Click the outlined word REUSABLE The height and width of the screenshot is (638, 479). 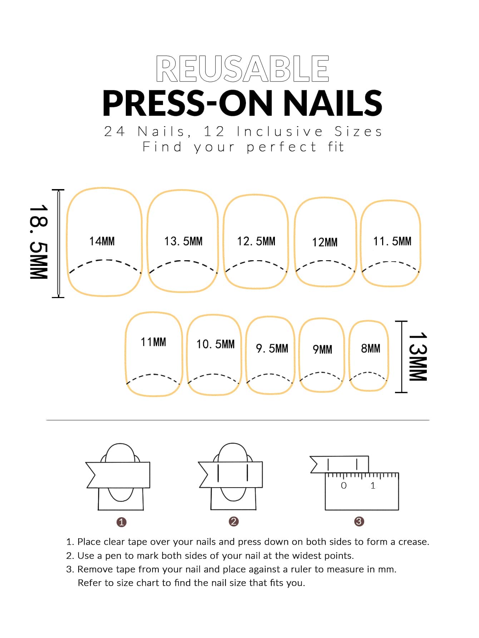pos(242,69)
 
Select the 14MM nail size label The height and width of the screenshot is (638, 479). pos(102,241)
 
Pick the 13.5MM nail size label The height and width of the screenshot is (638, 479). pos(183,241)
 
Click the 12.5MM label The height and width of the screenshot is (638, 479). pos(256,241)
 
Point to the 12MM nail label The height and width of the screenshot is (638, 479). pos(325,242)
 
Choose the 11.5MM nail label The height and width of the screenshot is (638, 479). pos(392,241)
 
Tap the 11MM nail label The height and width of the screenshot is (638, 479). pos(153,342)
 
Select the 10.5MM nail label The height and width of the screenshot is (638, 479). pos(216,344)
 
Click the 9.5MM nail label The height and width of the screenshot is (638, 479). pos(272,348)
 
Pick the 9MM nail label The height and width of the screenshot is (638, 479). pos(322,349)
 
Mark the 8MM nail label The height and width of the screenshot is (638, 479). pos(371,348)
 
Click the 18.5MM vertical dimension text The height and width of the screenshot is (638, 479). pos(39,242)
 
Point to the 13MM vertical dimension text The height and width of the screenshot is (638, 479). pos(418,357)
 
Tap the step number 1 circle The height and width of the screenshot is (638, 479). pos(122,522)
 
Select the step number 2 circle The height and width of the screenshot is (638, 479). pos(233,521)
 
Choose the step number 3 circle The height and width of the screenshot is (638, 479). pos(359,521)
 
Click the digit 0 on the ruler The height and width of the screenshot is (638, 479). pos(344,485)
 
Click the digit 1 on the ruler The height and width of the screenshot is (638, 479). pos(373,485)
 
